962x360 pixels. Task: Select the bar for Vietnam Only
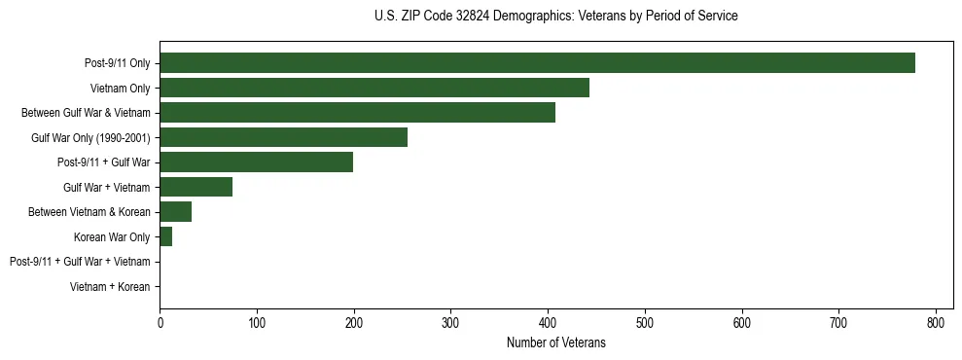(374, 89)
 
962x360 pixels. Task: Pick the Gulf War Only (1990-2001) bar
(283, 137)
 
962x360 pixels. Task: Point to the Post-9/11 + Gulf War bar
(256, 162)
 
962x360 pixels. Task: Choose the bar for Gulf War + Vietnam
(196, 187)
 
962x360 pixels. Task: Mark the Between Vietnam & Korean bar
(175, 212)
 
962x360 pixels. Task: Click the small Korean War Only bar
(165, 236)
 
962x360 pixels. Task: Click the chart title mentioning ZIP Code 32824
(555, 17)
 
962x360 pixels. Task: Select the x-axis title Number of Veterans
(555, 342)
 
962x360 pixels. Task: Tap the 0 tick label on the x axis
(160, 322)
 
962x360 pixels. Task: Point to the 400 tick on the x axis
(548, 322)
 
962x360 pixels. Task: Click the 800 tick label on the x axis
(936, 322)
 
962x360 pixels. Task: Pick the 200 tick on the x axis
(354, 322)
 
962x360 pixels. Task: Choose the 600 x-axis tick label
(742, 322)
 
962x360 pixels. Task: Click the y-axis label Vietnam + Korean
(110, 287)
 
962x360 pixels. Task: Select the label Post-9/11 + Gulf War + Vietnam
(80, 262)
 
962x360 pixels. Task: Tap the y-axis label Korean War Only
(112, 237)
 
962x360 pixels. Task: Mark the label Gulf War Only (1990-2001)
(90, 138)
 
